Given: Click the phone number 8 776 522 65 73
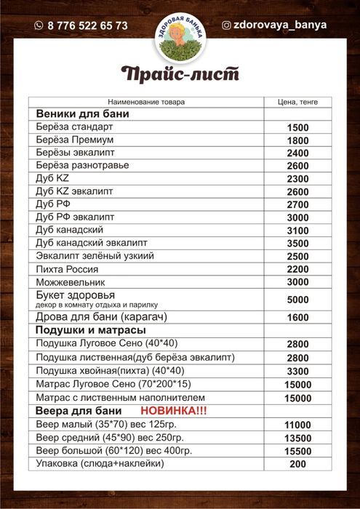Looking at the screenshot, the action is point(87,25).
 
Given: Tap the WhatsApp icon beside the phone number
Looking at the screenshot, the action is point(39,25).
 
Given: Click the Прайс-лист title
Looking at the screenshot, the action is point(180,74).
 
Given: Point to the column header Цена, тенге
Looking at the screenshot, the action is point(298,102).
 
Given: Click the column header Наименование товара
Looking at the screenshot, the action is point(146,102).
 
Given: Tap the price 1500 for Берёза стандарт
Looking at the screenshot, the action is point(298,128).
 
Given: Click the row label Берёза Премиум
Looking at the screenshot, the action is point(74,140).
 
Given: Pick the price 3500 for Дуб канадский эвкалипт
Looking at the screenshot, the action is point(298,243).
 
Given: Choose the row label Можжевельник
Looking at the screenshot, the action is point(71,281).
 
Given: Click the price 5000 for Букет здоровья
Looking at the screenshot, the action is point(298,299).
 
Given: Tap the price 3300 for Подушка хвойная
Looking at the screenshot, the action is point(298,371).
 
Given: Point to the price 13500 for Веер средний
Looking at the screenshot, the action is point(298,438).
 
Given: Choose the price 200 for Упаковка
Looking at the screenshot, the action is point(298,464).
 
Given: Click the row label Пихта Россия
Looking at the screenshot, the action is point(68,269).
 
